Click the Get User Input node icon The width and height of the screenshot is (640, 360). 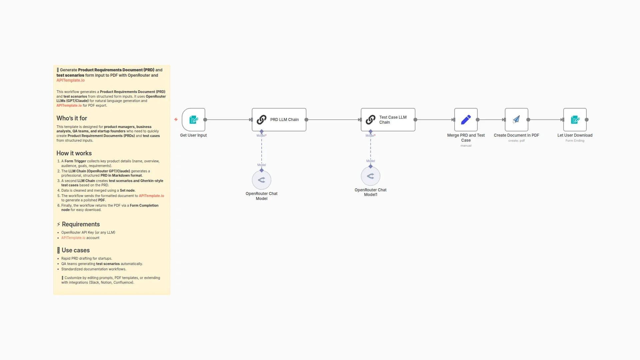pos(193,120)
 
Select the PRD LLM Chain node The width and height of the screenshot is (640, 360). pos(279,120)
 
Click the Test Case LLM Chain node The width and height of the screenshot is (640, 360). pos(388,120)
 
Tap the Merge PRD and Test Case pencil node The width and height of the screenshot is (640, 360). pos(466,120)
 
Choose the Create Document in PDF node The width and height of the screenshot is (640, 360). pos(516,120)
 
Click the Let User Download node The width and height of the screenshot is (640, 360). pos(575,120)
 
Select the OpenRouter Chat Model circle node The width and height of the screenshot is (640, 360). pos(261,180)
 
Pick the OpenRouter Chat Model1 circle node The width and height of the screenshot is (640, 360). pos(370,176)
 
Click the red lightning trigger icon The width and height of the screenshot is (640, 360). pos(176,119)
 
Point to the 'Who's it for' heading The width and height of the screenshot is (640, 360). pos(72,118)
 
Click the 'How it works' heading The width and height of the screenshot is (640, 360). pos(74,153)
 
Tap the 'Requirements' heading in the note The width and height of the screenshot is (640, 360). pos(81,224)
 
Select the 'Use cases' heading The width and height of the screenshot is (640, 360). pos(75,250)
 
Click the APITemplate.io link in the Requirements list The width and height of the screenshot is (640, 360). pos(73,238)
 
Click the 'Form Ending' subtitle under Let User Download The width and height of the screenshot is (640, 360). pos(575,141)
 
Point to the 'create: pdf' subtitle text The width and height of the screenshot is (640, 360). pos(516,141)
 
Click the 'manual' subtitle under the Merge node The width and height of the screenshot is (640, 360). pos(466,146)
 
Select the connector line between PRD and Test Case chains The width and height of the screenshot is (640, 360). pos(333,120)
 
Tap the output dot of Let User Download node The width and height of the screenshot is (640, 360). pos(587,120)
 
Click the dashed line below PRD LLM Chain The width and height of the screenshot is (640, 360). pos(262,150)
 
